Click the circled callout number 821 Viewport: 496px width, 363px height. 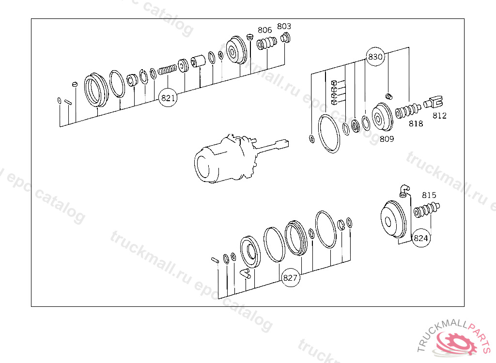click(168, 98)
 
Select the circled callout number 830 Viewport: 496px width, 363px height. click(375, 57)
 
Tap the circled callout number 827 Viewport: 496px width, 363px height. click(290, 278)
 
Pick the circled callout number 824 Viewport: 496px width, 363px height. click(421, 238)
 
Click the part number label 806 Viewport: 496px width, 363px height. click(265, 30)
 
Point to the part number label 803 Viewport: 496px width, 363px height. click(284, 26)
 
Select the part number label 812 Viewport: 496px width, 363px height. click(440, 116)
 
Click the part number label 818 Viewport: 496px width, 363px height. click(416, 123)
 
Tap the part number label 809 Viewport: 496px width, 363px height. click(387, 139)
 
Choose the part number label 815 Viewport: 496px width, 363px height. click(429, 195)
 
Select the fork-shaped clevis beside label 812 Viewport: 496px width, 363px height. click(433, 102)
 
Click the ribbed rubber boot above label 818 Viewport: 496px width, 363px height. click(408, 111)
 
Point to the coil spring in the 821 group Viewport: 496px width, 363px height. click(167, 69)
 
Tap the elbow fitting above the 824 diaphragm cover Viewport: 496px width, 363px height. click(404, 191)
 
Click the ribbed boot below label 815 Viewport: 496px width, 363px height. click(427, 210)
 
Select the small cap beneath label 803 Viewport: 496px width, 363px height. click(285, 38)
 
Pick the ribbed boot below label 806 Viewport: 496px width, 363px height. click(267, 43)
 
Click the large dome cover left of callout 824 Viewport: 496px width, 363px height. click(393, 219)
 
